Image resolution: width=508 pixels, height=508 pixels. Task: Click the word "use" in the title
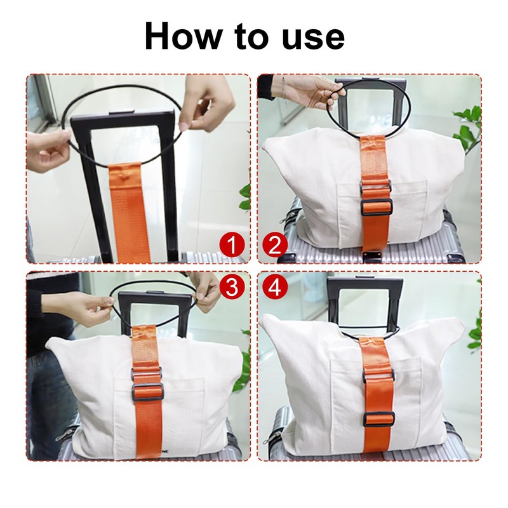coord(312,37)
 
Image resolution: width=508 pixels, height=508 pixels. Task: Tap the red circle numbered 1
coord(233,245)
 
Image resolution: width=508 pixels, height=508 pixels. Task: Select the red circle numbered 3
coord(232,287)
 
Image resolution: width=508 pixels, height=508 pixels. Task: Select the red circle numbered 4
coord(275,287)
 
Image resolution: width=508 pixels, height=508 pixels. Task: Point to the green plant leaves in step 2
coord(469,124)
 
